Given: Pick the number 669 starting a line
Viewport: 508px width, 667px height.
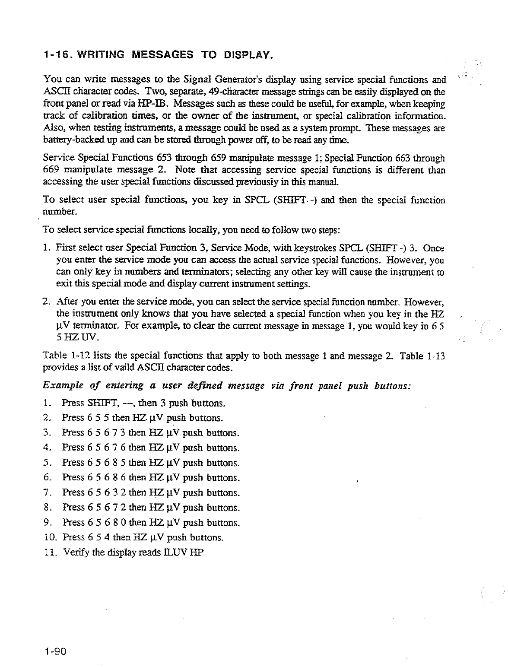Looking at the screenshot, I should [53, 170].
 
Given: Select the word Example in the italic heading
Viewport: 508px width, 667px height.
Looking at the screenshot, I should [61, 386].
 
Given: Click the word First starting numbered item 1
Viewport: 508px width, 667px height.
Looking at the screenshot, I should [63, 248].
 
